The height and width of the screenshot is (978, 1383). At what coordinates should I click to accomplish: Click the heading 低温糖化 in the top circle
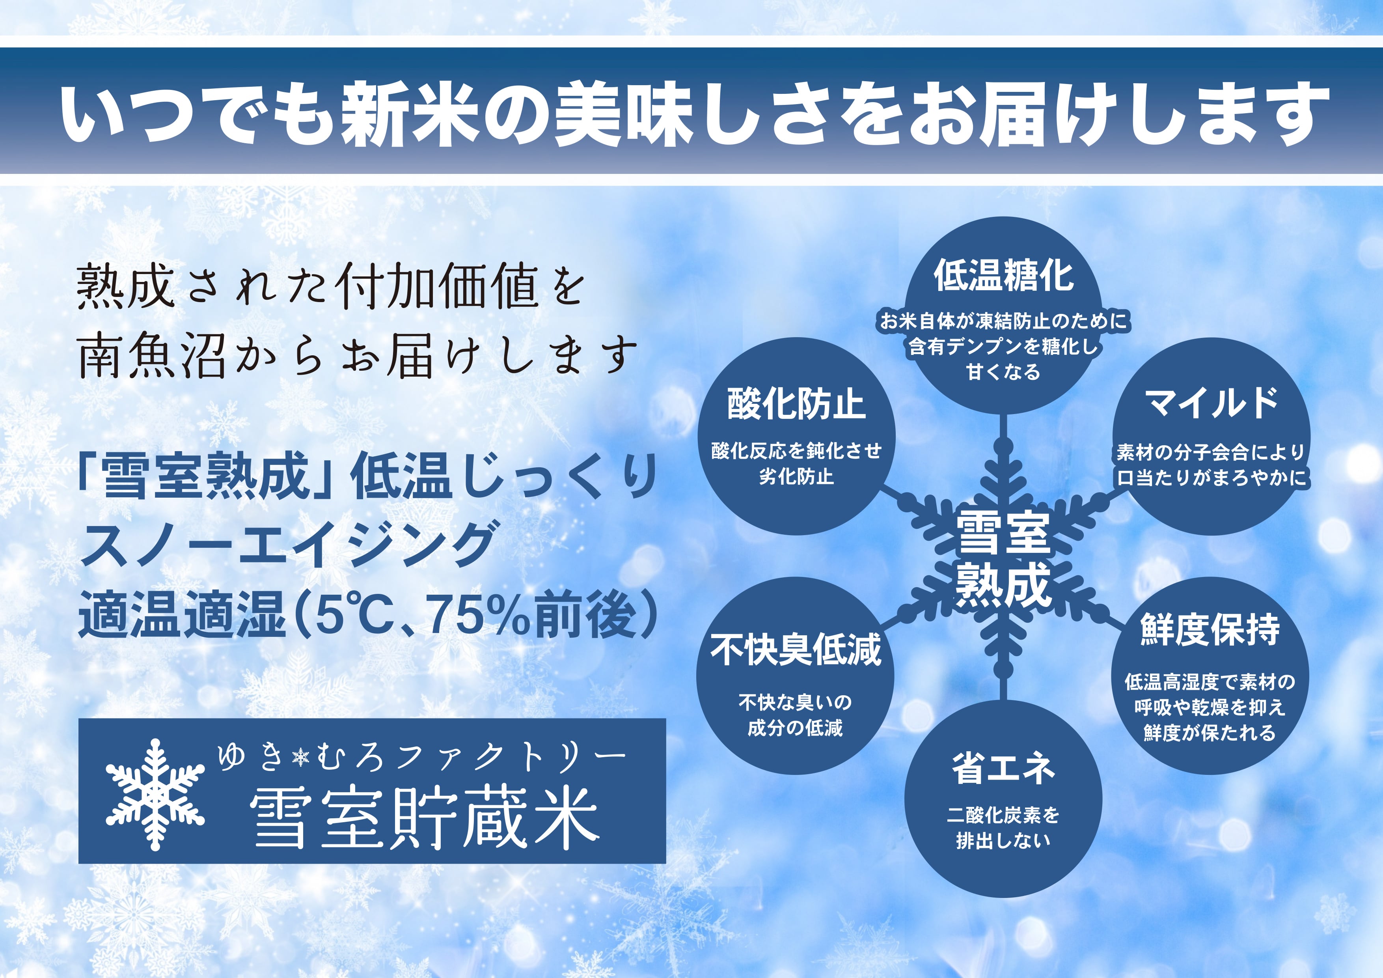coord(1003,276)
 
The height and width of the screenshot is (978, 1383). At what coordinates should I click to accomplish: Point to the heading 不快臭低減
coord(796,650)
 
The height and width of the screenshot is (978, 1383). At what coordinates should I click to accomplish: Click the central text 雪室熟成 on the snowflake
coord(1003,558)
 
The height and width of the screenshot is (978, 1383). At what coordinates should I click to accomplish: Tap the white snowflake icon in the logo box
coord(155,794)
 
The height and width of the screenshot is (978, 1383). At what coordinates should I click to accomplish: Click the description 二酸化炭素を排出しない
coord(1003,827)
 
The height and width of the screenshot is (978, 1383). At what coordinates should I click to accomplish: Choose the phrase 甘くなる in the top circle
coord(1003,372)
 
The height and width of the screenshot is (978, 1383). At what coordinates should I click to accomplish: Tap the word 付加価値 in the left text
coord(438,288)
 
